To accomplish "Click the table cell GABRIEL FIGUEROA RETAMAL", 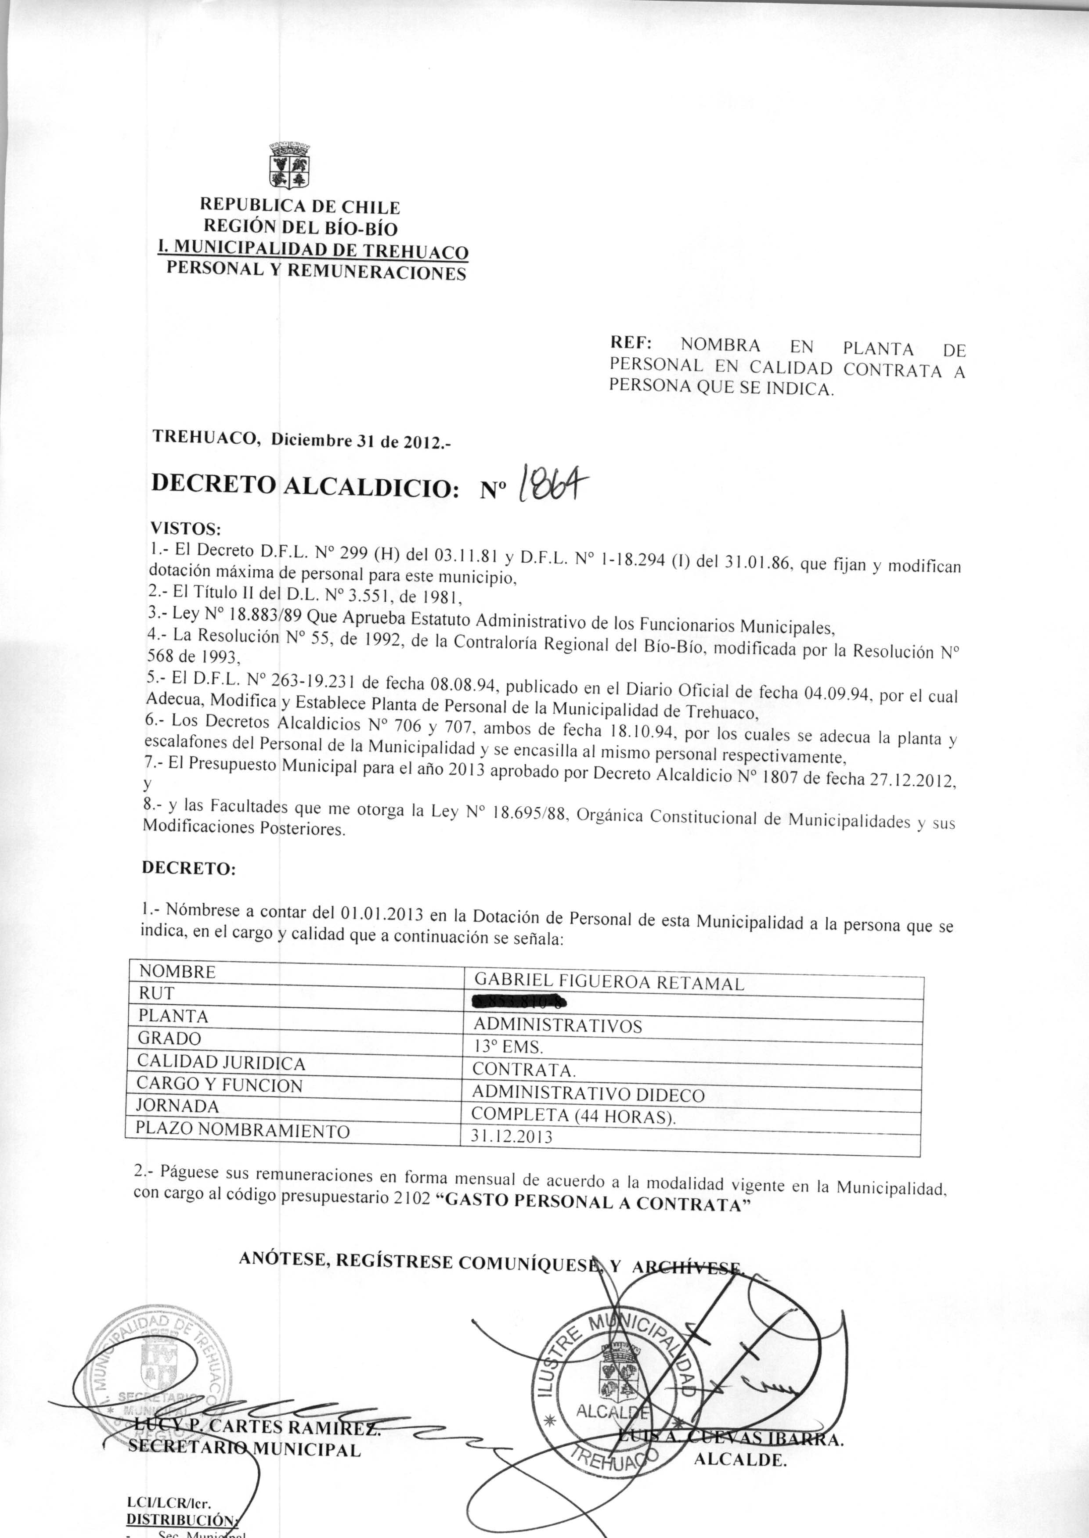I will pyautogui.click(x=609, y=983).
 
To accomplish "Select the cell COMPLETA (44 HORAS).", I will pyautogui.click(x=573, y=1116).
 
